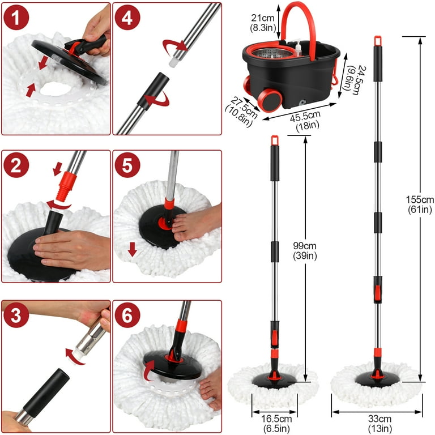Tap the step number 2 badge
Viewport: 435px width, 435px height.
(17, 167)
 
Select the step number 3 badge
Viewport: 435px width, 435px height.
(17, 315)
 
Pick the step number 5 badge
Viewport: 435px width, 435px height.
(128, 167)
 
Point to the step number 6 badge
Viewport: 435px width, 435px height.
(128, 315)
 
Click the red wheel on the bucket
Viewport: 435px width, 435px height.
(267, 99)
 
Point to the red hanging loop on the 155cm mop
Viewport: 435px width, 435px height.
(377, 41)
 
